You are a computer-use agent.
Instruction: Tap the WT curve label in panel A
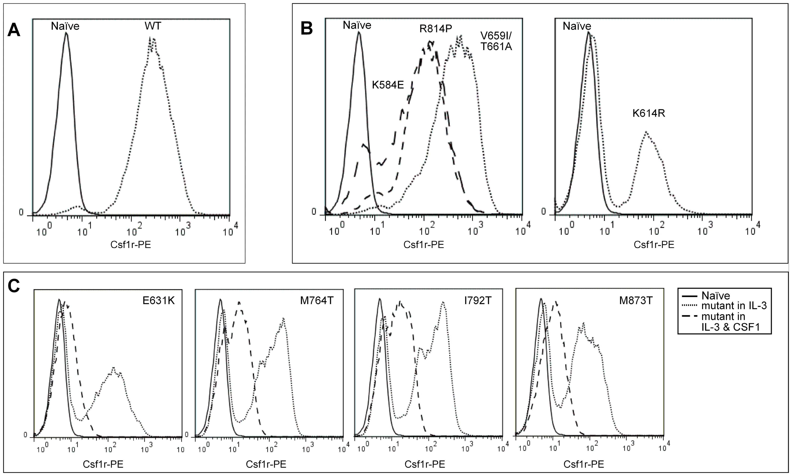pyautogui.click(x=153, y=26)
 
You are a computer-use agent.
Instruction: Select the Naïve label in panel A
pyautogui.click(x=65, y=26)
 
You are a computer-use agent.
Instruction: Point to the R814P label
pyautogui.click(x=436, y=29)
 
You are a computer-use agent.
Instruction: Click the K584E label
pyautogui.click(x=388, y=85)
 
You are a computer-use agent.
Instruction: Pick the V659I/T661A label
pyautogui.click(x=496, y=41)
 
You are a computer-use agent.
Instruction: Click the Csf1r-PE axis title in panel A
pyautogui.click(x=130, y=245)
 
